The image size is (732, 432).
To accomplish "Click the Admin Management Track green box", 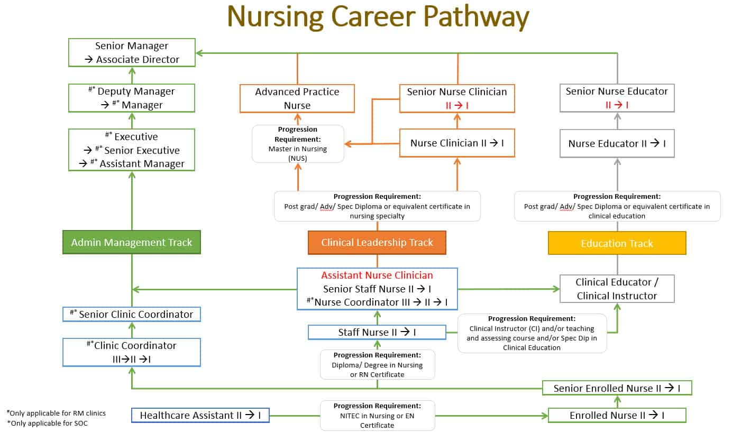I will [x=132, y=242].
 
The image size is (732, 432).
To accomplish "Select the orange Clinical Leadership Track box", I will [x=377, y=243].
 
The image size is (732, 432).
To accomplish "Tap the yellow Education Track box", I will [x=617, y=243].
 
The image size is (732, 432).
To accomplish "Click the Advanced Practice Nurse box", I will [x=297, y=98].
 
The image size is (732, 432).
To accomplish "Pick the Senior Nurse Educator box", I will [x=617, y=98].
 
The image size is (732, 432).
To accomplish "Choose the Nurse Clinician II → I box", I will [x=457, y=143].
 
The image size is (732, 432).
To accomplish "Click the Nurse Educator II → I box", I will [x=617, y=143].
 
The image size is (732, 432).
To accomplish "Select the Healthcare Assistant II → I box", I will [x=200, y=415].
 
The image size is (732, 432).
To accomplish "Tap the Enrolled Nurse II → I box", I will [x=617, y=415].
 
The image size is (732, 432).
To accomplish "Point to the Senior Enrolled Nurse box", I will [x=617, y=388].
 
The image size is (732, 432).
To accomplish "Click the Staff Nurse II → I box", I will [x=377, y=332].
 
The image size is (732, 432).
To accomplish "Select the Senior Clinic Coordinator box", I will [x=132, y=314].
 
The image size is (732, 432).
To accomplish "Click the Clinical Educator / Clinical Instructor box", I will [x=617, y=289].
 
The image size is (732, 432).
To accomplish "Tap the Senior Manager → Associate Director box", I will [x=132, y=52].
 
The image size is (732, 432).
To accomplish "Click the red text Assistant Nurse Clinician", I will [x=377, y=275].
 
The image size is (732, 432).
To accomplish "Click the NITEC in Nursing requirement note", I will [x=377, y=416].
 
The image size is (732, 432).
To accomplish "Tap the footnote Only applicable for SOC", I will [x=49, y=424].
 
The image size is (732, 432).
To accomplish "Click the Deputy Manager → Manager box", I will [x=132, y=98].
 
